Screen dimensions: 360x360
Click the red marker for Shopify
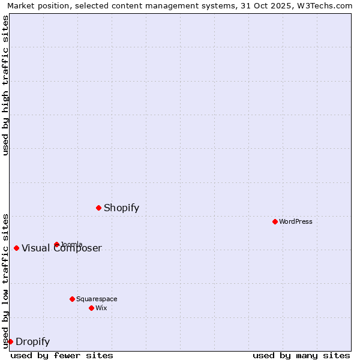98,208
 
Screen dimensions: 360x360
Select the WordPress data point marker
275,221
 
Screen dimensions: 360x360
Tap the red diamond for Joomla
56,244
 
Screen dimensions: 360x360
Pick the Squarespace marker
72,299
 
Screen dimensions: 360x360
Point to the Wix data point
91,308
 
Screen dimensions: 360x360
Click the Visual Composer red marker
16,248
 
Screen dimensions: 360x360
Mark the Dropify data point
10,341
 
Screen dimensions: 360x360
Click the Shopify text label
121,208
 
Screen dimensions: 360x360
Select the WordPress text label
296,221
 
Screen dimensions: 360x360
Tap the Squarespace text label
97,299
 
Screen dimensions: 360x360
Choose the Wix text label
101,308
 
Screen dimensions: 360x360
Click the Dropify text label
32,342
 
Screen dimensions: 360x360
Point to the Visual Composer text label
62,248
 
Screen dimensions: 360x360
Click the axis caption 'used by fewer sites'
62,355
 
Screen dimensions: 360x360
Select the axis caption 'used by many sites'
301,355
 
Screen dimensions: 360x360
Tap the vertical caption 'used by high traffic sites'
5,85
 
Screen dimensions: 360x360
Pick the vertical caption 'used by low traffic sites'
5,280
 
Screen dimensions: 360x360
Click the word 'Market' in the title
21,5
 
